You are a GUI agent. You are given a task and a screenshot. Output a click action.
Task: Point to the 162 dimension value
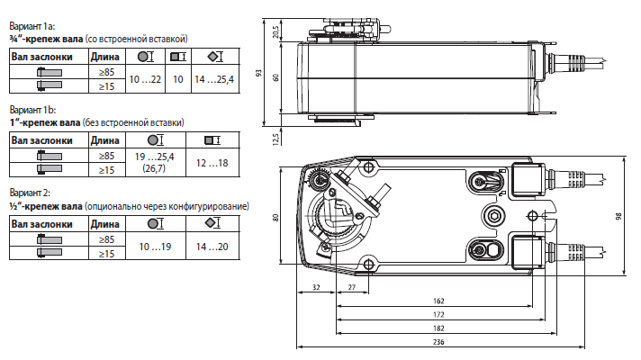(x=438, y=300)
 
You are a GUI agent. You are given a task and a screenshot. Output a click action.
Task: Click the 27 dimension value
(x=353, y=287)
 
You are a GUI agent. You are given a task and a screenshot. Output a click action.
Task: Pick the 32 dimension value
(x=316, y=287)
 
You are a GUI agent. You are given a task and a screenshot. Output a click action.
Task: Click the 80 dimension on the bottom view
(x=276, y=215)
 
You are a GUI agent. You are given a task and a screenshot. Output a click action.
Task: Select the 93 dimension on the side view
(x=258, y=74)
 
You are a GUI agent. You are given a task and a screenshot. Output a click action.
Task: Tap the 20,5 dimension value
(x=275, y=32)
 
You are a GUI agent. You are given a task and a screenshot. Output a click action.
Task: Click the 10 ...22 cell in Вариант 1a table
(x=145, y=80)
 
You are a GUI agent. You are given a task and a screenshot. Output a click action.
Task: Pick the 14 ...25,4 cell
(x=213, y=80)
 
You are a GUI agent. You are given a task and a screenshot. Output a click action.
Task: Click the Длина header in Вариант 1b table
(x=105, y=139)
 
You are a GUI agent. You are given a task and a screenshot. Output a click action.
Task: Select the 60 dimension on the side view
(x=275, y=76)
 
